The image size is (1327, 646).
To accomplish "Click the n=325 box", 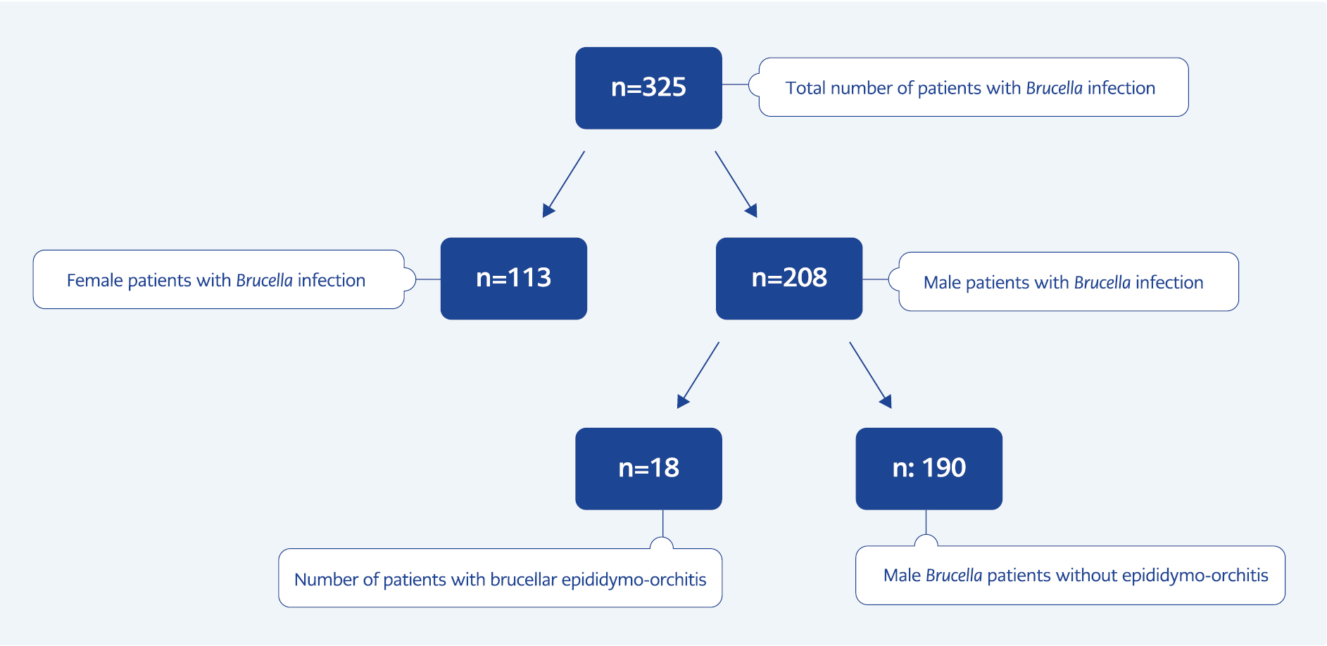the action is [x=648, y=88].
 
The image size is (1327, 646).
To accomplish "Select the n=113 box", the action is [x=514, y=279].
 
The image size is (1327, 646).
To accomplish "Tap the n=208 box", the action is [x=789, y=279].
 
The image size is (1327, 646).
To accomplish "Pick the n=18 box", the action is [x=648, y=469].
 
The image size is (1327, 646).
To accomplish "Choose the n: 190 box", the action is [x=929, y=469].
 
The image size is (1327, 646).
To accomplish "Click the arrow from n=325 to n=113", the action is [x=563, y=184].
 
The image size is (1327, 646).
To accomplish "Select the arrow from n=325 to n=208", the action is [x=736, y=184].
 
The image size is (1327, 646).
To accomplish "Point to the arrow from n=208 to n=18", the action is [x=698, y=375].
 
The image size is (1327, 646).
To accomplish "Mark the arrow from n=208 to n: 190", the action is [x=871, y=375].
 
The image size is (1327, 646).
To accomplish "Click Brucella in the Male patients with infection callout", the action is [x=1102, y=283].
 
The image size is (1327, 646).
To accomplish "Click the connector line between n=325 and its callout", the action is [x=736, y=84].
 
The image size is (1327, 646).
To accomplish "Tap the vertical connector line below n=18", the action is [x=663, y=523].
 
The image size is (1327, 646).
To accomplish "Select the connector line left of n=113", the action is [x=428, y=279].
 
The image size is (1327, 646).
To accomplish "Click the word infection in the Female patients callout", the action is [x=332, y=281].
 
